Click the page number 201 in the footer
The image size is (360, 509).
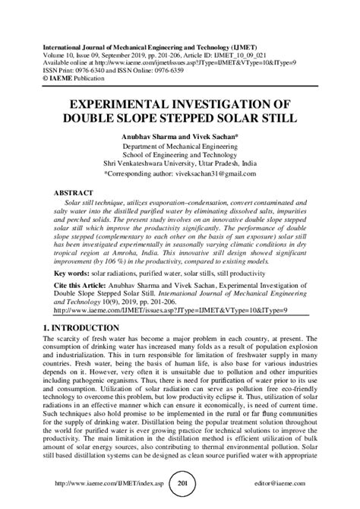(x=182, y=483)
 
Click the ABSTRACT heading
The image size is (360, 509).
(x=76, y=194)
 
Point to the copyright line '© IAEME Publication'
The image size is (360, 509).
(x=77, y=57)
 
